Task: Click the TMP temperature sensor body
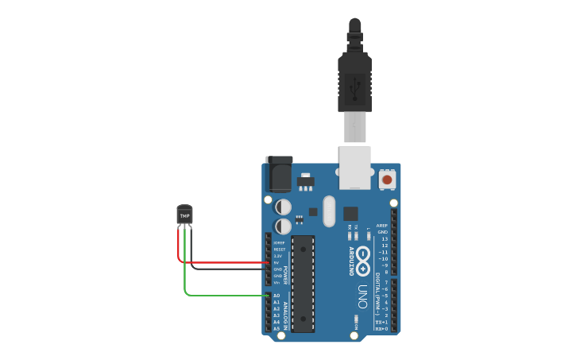tap(184, 215)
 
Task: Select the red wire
tap(222, 262)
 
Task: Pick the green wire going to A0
tap(226, 296)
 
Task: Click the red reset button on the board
tap(387, 179)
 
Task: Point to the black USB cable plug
tap(354, 79)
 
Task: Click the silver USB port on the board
tap(354, 167)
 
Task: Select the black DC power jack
tap(278, 174)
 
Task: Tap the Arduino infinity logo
tap(362, 258)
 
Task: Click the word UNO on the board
tap(362, 296)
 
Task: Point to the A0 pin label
tap(276, 296)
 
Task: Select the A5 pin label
tap(276, 328)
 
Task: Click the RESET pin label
tap(279, 250)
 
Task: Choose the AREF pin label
tap(382, 226)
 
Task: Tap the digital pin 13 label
tap(385, 238)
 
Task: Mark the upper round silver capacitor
tap(283, 207)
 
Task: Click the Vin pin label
tap(276, 282)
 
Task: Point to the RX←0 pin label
tap(381, 328)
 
